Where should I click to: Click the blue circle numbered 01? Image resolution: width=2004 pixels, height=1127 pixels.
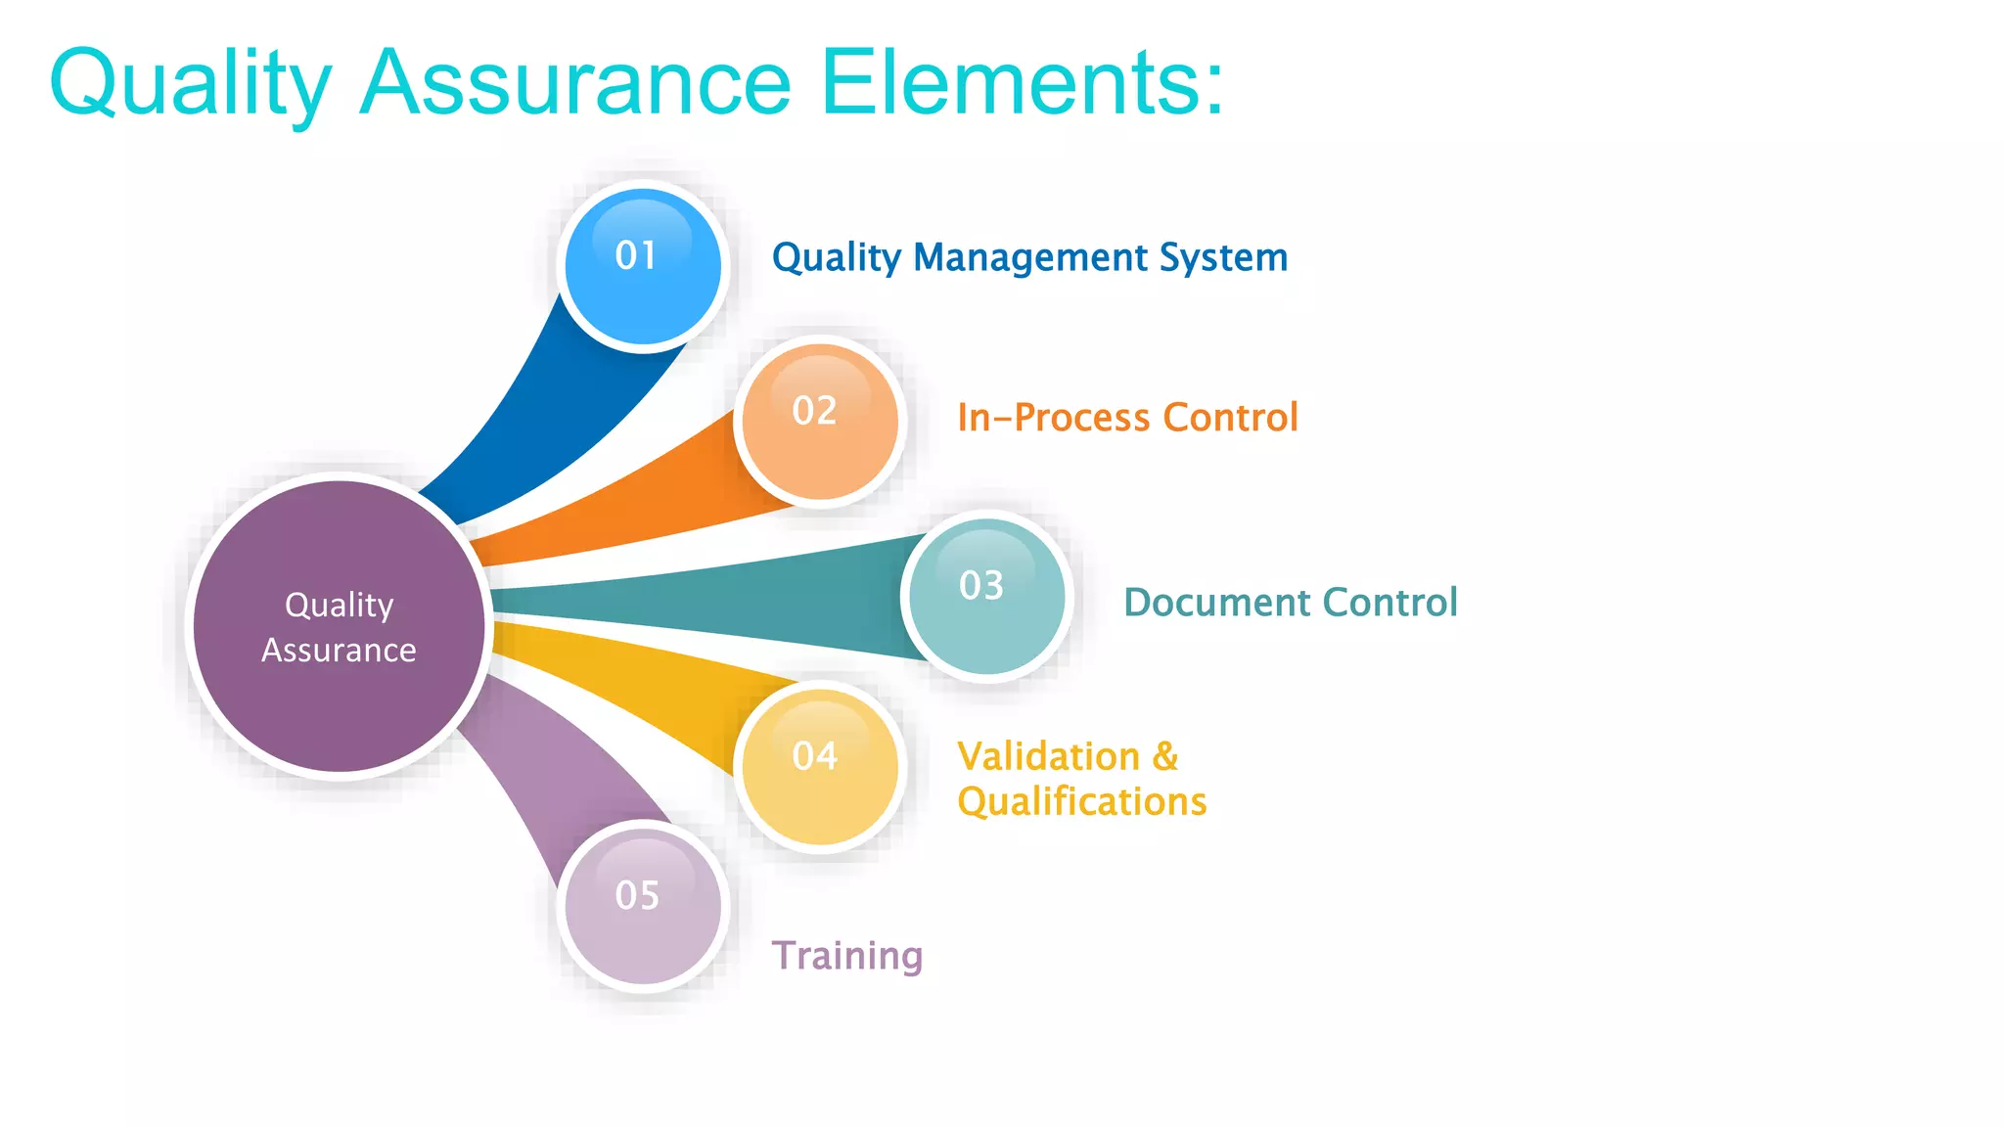[x=643, y=266]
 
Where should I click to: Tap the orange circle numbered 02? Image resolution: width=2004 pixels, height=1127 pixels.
[x=820, y=422]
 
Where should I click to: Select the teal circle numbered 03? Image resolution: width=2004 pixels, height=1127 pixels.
[x=986, y=596]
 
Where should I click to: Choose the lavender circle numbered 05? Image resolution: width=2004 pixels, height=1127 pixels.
[x=643, y=907]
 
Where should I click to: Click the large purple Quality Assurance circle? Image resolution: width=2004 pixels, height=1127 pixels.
[x=339, y=626]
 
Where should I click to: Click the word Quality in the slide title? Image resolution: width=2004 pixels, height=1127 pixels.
[x=191, y=84]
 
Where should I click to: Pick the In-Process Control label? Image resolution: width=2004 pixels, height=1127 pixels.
[x=1127, y=418]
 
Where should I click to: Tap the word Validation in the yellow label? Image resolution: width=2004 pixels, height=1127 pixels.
[x=1048, y=757]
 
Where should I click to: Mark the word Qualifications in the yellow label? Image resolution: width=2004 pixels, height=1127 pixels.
[x=1081, y=802]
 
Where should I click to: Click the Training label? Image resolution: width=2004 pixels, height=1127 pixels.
[x=846, y=956]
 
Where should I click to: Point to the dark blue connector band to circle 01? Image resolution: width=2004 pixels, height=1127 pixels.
[x=548, y=411]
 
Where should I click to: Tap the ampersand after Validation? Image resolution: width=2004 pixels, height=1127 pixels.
[x=1165, y=757]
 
